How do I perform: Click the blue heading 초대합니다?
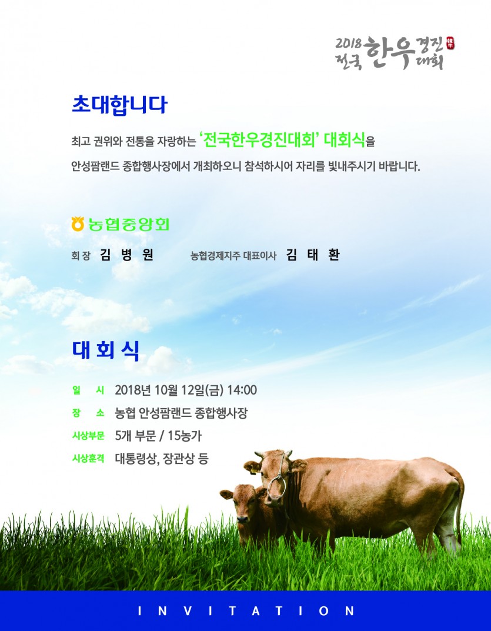(x=119, y=105)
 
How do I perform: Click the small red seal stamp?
(x=450, y=43)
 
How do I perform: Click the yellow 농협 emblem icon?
(x=77, y=223)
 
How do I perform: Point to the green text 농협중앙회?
(x=129, y=224)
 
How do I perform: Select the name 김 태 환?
(x=313, y=255)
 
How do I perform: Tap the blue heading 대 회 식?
(x=106, y=350)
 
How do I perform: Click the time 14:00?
(x=242, y=390)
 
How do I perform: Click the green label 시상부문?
(x=88, y=435)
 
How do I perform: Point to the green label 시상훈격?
(x=88, y=458)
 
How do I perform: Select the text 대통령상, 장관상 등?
(x=162, y=458)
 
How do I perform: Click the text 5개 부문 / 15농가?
(x=158, y=435)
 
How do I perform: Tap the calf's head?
(x=243, y=502)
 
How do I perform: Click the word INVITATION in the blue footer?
(x=246, y=611)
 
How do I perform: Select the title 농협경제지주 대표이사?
(x=233, y=256)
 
